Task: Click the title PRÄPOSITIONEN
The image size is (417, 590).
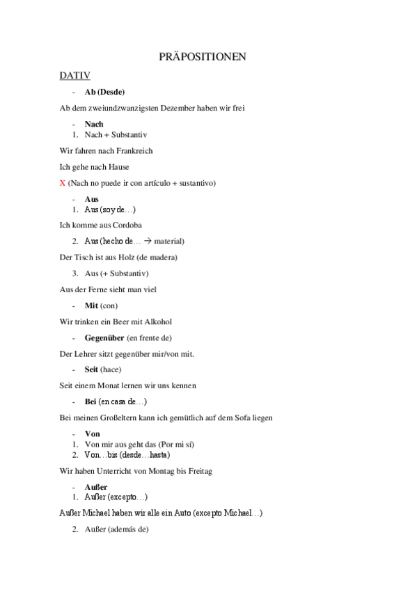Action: click(208, 57)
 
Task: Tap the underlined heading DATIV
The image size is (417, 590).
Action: click(74, 74)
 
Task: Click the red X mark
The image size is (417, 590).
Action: click(63, 183)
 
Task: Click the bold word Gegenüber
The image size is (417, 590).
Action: click(104, 337)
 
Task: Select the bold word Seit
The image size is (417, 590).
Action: click(91, 369)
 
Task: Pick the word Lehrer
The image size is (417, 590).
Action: click(85, 353)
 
